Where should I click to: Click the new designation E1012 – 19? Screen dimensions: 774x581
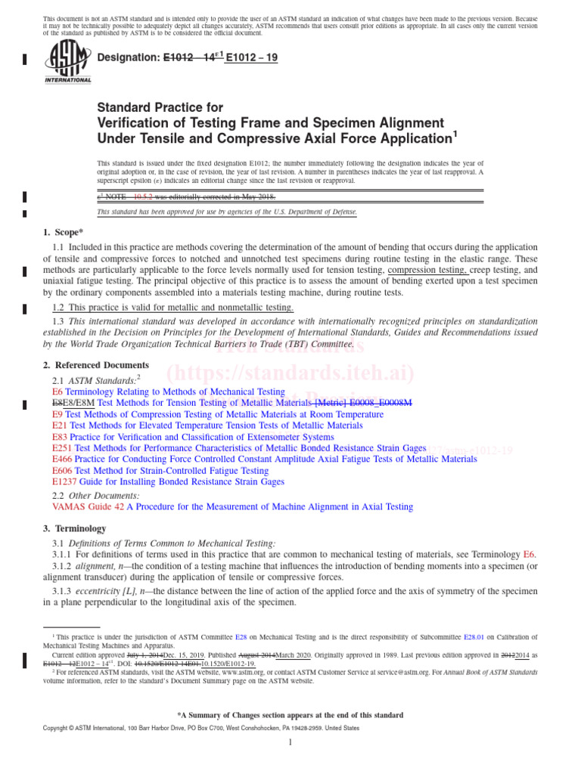pos(247,57)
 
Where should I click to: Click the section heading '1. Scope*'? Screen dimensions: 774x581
pos(64,233)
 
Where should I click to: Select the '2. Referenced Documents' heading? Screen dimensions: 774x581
pos(96,365)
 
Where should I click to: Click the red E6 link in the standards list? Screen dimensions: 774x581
pos(57,392)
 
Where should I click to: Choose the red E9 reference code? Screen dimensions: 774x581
pos(57,414)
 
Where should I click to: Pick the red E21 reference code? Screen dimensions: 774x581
pos(60,426)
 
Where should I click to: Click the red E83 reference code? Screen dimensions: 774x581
pos(60,437)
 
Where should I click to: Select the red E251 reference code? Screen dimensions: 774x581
pos(62,448)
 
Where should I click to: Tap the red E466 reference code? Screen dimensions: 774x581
pos(62,459)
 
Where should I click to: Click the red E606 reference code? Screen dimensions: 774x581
pos(62,470)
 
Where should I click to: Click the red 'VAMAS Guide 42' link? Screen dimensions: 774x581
pos(88,507)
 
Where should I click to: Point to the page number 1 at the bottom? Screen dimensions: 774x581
pos(290,743)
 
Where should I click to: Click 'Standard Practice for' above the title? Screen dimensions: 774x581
pos(160,108)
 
